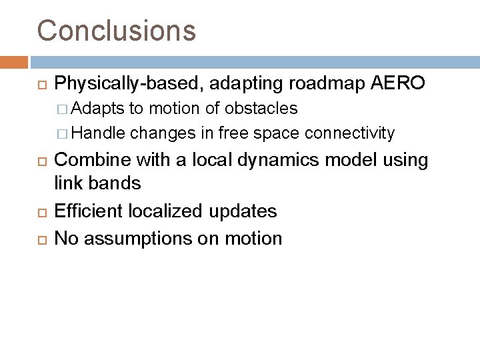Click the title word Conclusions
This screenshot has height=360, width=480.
coord(117,30)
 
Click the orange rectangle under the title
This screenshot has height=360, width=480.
coord(14,62)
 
